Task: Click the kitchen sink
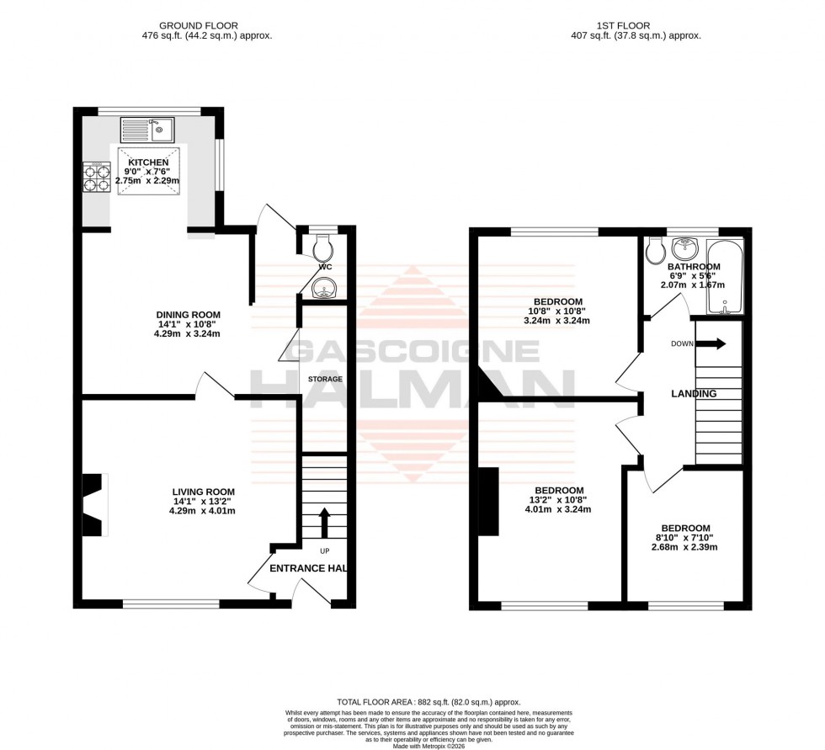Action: [147, 130]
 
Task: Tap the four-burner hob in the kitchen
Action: [95, 178]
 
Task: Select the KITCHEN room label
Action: [148, 162]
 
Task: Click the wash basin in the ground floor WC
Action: [323, 290]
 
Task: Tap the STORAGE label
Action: [325, 379]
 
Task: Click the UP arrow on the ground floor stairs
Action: [325, 520]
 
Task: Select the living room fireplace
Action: [93, 504]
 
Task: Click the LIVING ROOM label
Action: [203, 492]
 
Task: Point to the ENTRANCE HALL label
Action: [308, 568]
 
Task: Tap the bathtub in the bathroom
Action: [725, 276]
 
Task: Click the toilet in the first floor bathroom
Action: [657, 247]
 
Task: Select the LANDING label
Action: [694, 393]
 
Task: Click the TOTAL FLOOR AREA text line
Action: [428, 702]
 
